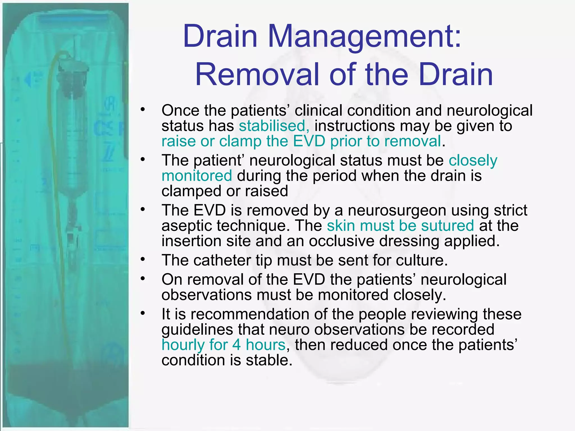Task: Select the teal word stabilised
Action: tap(274, 126)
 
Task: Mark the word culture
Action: tap(421, 260)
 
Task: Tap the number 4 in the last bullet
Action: tap(236, 345)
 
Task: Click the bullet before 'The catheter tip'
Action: tap(143, 260)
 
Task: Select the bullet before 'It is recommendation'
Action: tap(143, 313)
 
